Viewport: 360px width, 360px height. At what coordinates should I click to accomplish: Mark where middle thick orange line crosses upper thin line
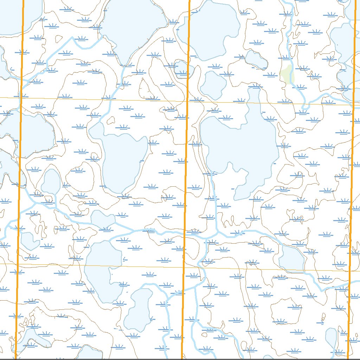[x=187, y=101]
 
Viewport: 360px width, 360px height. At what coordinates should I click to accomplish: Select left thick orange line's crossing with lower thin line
[x=18, y=263]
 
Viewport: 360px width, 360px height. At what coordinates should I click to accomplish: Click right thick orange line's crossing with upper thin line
[x=353, y=104]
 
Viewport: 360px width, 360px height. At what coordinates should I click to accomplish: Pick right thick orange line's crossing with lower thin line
[x=349, y=271]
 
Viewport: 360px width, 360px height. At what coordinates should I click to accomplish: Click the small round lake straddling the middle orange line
[x=182, y=69]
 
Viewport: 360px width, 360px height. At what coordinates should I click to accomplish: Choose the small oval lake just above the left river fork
[x=51, y=181]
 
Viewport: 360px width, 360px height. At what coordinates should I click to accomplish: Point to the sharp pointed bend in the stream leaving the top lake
[x=74, y=38]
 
